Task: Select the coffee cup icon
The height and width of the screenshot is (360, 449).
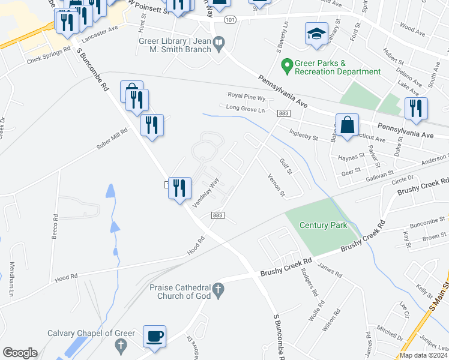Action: [155, 336]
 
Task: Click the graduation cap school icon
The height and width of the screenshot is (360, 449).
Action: [316, 34]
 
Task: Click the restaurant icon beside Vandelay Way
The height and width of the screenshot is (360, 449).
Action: [179, 189]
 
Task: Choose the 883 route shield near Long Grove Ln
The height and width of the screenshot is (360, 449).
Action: [284, 113]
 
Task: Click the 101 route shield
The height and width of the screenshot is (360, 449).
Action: [230, 20]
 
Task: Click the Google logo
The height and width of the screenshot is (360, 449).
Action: [20, 353]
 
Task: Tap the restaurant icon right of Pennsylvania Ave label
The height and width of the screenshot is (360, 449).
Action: [415, 108]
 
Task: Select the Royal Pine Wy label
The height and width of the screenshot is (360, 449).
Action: [246, 95]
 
